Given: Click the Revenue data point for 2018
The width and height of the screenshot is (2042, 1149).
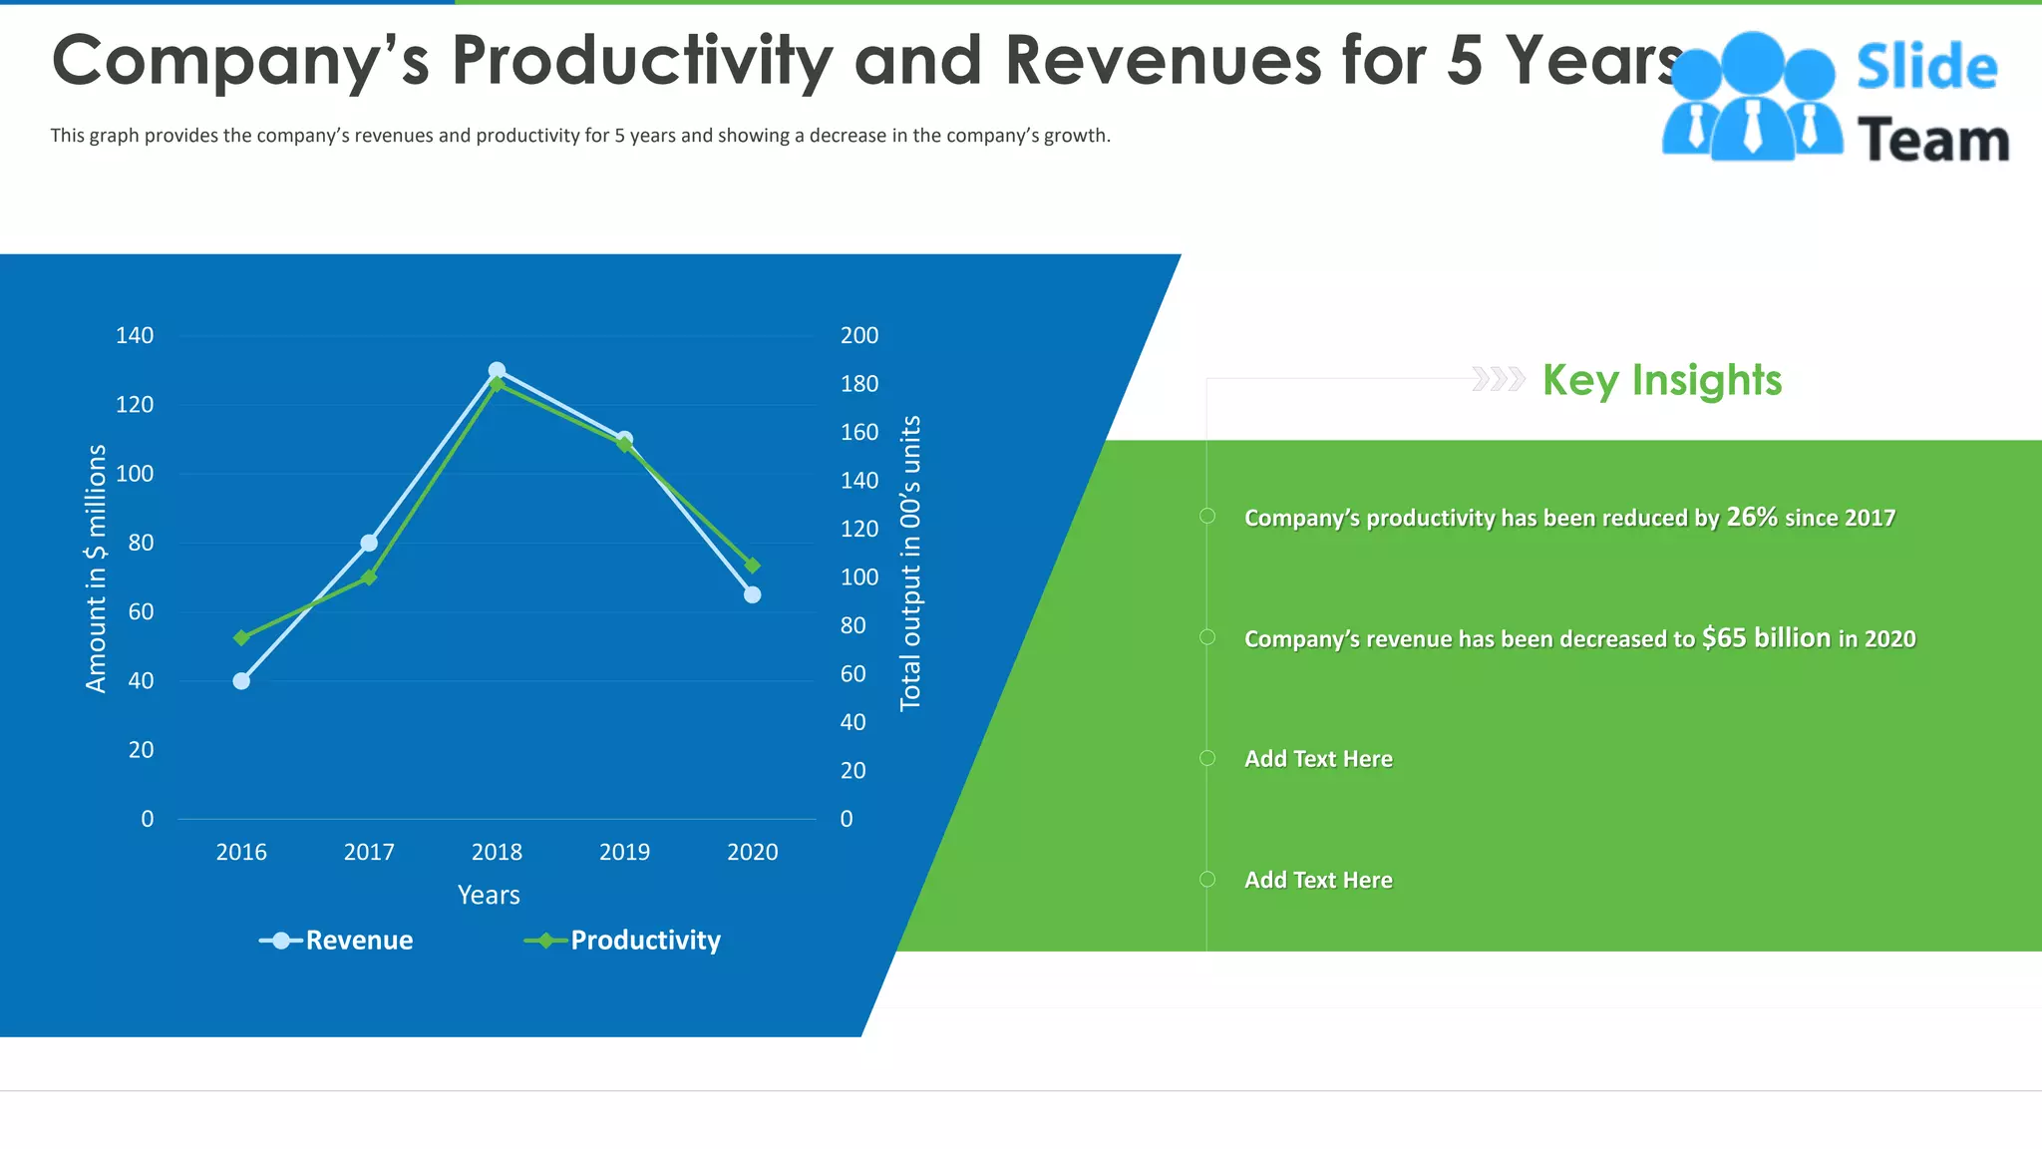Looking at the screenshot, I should click(497, 371).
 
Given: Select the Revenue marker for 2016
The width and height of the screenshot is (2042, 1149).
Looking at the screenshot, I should click(241, 681).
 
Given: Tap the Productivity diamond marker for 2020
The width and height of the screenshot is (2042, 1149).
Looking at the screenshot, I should click(753, 566).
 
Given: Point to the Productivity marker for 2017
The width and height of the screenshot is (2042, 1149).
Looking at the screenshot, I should click(369, 577).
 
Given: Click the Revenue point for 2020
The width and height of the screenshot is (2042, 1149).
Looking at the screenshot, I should click(753, 594).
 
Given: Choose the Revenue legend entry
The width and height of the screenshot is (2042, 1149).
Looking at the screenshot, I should click(337, 941).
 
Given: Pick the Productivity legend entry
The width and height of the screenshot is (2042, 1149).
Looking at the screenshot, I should click(623, 941).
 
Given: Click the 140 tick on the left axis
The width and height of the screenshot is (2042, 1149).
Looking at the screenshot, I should click(135, 336).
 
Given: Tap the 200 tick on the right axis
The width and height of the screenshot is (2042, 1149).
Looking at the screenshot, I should click(859, 336).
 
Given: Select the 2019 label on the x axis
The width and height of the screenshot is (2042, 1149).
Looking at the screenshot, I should click(624, 852).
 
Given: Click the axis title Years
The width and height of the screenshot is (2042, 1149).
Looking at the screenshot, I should click(489, 895).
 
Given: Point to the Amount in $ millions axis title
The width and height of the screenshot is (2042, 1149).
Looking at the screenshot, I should click(96, 569).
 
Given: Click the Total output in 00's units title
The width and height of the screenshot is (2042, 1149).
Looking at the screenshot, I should click(910, 564).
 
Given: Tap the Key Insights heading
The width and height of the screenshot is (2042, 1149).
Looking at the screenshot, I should click(1661, 380).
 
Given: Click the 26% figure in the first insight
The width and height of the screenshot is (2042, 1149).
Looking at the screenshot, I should click(1752, 517).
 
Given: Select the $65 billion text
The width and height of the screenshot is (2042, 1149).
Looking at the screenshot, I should click(1766, 637).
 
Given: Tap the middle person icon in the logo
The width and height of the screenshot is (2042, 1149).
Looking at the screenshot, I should click(1752, 100).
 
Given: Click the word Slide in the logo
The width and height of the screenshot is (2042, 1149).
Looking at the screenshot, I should click(1926, 67).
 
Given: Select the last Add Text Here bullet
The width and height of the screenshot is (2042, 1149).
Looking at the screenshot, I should click(1317, 880).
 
